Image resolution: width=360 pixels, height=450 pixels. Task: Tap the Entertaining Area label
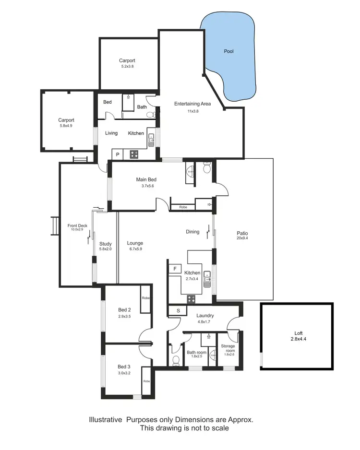pos(192,104)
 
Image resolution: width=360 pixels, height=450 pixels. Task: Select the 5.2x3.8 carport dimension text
pos(127,67)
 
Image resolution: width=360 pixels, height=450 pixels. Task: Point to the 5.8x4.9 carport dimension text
pos(66,126)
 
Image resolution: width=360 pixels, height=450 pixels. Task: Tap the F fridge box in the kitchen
pos(175,269)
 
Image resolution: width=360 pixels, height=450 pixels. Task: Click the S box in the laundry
pos(178,310)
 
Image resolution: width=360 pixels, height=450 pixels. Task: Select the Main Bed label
pos(146,180)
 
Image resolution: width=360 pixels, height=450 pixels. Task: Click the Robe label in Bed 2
pos(145,298)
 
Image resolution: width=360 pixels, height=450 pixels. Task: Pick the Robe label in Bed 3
pos(146,381)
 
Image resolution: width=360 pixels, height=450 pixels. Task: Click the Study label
pos(105,244)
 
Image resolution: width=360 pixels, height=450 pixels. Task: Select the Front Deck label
pos(77,225)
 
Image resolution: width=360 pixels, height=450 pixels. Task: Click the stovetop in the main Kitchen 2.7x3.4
pos(191,299)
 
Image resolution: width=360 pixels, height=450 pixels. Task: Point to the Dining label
pos(192,232)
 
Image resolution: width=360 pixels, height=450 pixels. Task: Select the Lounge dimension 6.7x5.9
pos(135,249)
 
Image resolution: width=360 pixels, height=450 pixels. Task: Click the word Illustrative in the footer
pos(106,419)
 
